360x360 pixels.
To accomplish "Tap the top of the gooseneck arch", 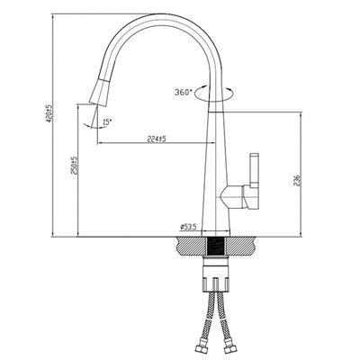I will tap(162, 17).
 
